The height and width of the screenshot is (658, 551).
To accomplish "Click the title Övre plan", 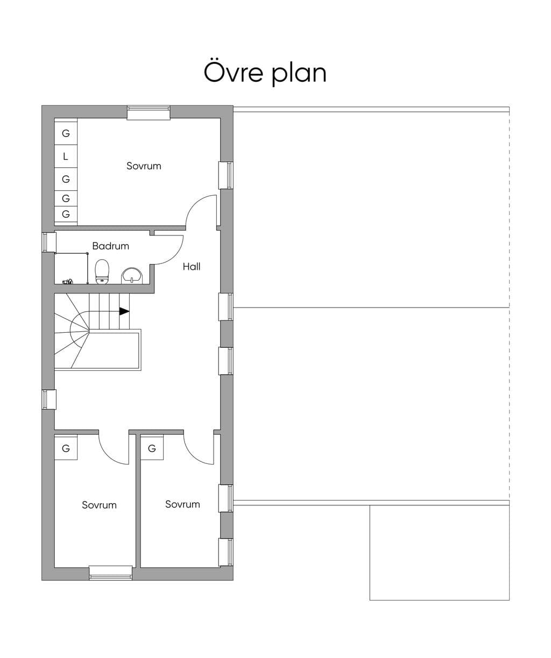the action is (x=265, y=73).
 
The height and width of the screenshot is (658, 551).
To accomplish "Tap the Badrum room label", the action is (x=111, y=246).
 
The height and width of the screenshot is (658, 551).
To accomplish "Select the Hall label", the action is (x=192, y=267).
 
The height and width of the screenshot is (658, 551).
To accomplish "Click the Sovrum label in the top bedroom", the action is (x=144, y=166).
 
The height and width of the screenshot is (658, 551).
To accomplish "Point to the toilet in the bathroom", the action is (x=102, y=271).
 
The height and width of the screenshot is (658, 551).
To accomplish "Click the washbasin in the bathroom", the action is (x=132, y=276).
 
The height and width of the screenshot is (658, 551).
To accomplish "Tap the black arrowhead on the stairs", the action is (x=124, y=311).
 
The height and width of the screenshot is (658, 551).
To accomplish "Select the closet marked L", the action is (x=66, y=156).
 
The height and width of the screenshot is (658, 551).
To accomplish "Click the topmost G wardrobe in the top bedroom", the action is (x=66, y=133).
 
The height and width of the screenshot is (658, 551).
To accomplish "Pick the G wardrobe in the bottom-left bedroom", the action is (x=66, y=448).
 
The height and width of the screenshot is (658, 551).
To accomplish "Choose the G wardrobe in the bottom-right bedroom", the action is (x=152, y=448).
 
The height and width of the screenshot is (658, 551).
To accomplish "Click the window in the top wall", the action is (x=149, y=113).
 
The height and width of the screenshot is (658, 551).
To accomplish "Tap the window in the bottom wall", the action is (x=110, y=573).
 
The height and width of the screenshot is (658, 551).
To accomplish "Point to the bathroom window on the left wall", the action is (x=49, y=242).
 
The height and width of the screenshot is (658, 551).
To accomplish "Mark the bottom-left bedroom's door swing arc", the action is (x=109, y=455).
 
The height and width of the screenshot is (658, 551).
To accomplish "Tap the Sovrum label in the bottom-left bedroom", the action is (x=100, y=505).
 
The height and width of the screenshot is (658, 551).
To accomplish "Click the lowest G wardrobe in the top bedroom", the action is (x=66, y=214).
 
